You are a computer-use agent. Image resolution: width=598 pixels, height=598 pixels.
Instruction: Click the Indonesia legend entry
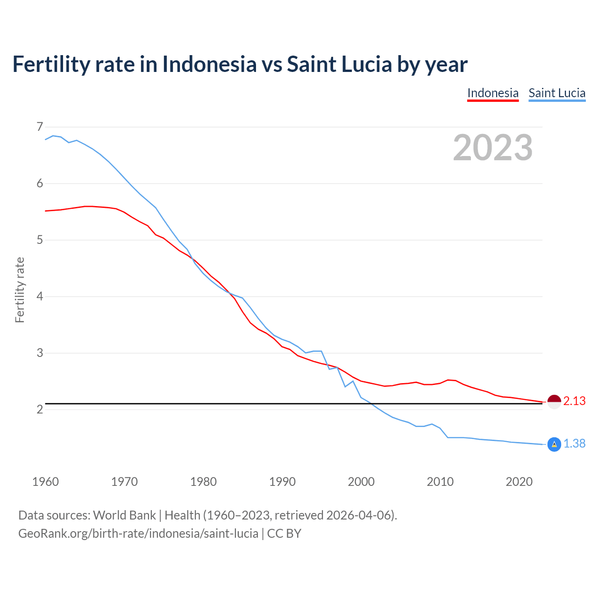pyautogui.click(x=493, y=93)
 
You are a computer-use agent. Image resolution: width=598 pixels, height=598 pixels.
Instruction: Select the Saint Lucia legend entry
pyautogui.click(x=557, y=93)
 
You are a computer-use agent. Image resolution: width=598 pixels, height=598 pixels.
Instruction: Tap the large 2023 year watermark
pyautogui.click(x=493, y=148)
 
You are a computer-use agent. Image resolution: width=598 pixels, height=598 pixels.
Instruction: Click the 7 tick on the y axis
pyautogui.click(x=40, y=127)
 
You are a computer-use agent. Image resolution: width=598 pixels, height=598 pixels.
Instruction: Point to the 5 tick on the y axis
pyautogui.click(x=40, y=240)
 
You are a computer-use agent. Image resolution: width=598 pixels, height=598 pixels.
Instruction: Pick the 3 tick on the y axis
pyautogui.click(x=40, y=353)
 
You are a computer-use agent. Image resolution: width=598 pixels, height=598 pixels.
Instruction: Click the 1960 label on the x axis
pyautogui.click(x=45, y=482)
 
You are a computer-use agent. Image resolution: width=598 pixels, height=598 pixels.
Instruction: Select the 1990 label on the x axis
pyautogui.click(x=282, y=482)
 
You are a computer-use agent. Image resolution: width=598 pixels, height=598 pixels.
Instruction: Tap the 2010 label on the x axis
pyautogui.click(x=440, y=482)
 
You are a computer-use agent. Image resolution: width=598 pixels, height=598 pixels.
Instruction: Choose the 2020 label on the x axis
pyautogui.click(x=519, y=482)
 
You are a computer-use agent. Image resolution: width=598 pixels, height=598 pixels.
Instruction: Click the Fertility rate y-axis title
pyautogui.click(x=20, y=290)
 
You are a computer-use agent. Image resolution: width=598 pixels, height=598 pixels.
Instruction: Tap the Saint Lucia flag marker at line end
pyautogui.click(x=554, y=444)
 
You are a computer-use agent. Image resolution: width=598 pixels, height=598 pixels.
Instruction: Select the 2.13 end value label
pyautogui.click(x=574, y=401)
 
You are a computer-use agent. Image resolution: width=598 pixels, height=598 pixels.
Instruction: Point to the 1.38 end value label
pyautogui.click(x=574, y=444)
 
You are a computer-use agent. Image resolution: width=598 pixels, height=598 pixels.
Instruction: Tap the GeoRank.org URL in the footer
pyautogui.click(x=138, y=534)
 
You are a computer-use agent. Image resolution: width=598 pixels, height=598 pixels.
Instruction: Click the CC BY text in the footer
pyautogui.click(x=284, y=534)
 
